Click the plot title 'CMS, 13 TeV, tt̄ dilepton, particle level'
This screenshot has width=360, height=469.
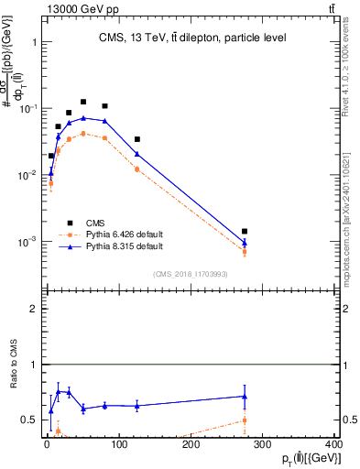point(192,38)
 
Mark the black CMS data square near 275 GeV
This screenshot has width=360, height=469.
point(244,232)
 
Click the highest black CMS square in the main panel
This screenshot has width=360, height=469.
point(83,102)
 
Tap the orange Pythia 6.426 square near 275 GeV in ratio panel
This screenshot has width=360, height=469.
point(244,420)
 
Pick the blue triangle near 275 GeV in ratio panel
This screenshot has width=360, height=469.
point(244,397)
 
